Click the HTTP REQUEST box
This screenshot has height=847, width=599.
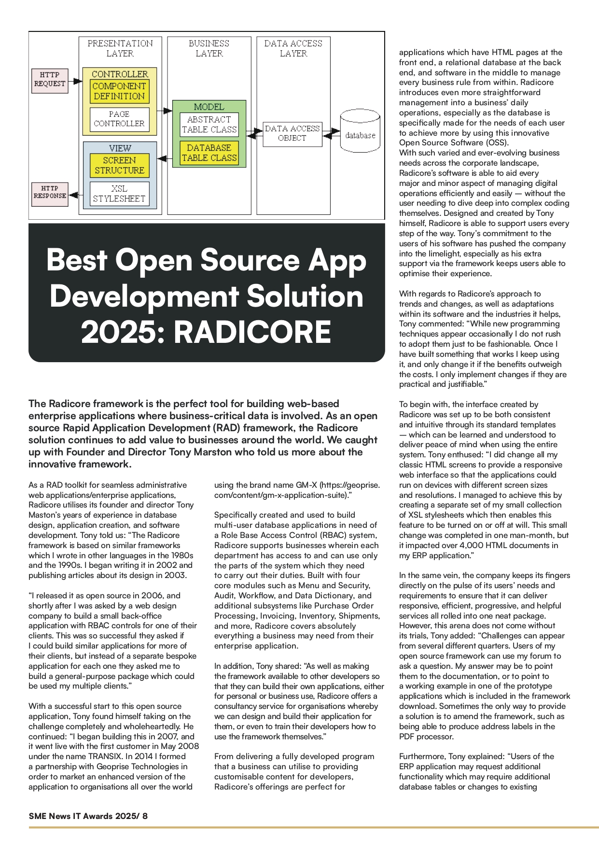[50, 80]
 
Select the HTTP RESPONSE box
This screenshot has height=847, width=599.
[50, 193]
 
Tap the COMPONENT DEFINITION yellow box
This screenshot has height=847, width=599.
[119, 91]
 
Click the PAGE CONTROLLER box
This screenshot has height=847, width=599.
[119, 119]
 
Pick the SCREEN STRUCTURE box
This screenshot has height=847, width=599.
[119, 165]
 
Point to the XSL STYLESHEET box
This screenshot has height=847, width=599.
[119, 194]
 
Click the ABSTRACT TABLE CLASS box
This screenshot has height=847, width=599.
[209, 125]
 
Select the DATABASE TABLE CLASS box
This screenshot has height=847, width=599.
[209, 153]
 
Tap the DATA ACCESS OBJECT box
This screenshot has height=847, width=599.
[292, 134]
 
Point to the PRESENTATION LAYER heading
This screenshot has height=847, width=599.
[120, 48]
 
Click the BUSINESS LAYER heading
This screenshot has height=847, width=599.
[209, 48]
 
